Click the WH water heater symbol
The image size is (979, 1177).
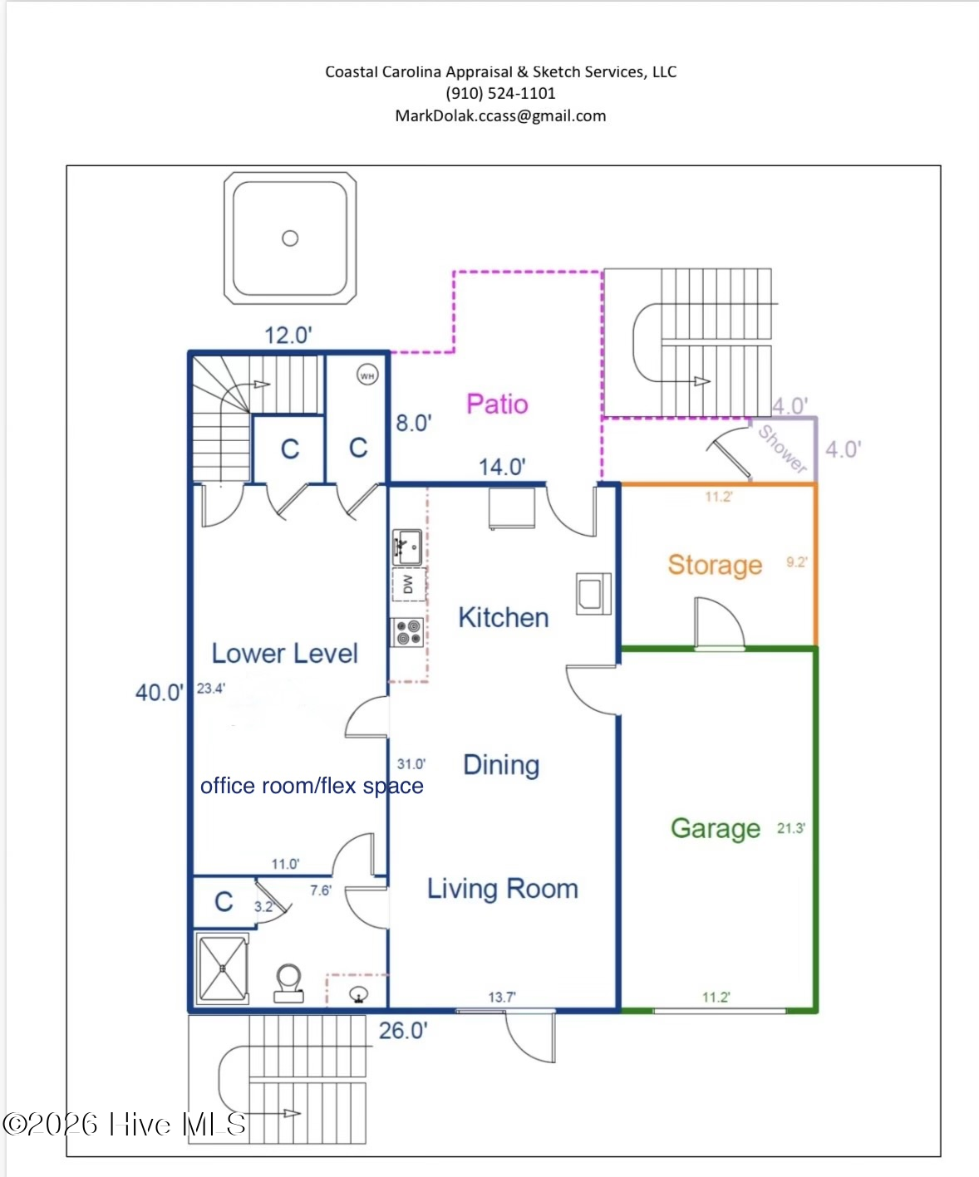367,375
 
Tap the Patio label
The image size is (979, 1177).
497,405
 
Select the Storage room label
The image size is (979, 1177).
715,565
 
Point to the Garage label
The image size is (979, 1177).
715,828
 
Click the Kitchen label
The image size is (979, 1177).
503,617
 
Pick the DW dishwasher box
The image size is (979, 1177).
409,585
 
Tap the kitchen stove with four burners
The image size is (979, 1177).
408,632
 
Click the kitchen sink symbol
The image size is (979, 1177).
407,547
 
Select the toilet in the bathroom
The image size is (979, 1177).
288,983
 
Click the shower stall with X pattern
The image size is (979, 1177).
223,969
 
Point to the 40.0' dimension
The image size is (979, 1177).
159,692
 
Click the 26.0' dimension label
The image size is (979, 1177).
403,1031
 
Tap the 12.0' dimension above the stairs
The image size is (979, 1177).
288,336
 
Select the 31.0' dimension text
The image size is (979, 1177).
411,764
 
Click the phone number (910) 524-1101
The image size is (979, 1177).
500,93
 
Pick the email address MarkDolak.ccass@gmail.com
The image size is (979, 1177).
500,115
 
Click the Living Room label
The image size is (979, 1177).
503,889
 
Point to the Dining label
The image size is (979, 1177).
501,765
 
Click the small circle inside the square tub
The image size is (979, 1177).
290,238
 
